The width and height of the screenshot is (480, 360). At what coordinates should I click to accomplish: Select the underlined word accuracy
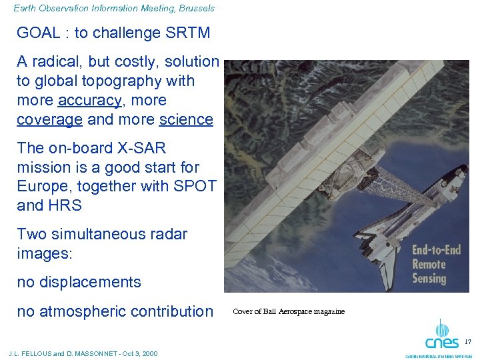89,101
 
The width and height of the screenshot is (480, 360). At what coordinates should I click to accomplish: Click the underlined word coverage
49,120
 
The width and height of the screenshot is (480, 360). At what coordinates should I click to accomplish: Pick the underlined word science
186,120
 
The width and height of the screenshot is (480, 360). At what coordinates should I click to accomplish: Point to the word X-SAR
137,148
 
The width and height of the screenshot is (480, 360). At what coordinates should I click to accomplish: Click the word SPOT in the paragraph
194,186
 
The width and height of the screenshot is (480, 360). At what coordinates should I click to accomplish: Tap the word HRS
65,205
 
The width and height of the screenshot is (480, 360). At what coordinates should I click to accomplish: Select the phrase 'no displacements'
79,282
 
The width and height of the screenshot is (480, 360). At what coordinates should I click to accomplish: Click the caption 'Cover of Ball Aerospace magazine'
288,312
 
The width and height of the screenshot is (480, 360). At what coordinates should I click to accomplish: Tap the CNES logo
441,337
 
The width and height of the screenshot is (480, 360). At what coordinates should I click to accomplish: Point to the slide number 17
467,342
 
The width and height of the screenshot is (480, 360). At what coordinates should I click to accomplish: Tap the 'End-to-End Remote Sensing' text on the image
437,264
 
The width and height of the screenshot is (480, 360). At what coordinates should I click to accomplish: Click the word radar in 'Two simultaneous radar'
167,234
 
